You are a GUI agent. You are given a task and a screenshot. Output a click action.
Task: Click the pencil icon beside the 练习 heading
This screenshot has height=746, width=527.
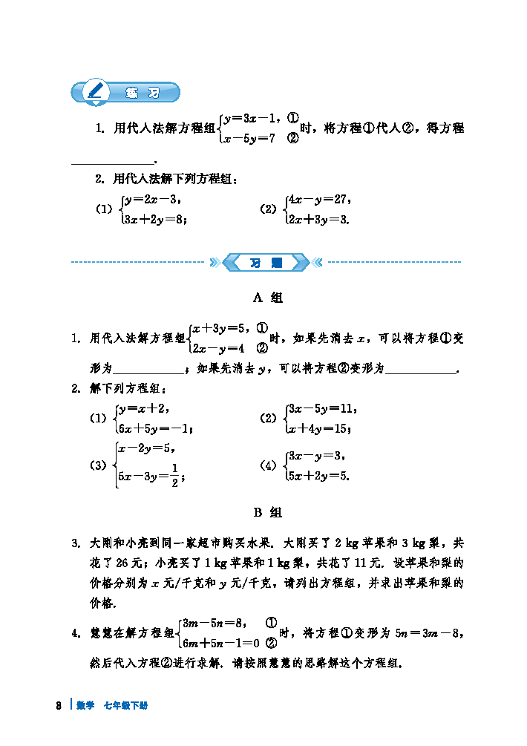(x=95, y=92)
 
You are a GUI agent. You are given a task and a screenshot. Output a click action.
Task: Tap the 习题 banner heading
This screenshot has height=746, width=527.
(x=265, y=262)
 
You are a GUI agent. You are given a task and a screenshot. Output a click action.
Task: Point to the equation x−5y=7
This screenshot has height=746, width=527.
(x=250, y=138)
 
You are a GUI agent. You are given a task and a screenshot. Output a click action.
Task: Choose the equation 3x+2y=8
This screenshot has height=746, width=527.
(x=155, y=219)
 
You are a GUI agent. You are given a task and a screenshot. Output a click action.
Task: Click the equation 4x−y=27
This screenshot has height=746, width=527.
(x=318, y=199)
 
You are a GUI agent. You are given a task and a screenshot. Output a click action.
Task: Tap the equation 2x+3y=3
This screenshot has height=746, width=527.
(x=318, y=219)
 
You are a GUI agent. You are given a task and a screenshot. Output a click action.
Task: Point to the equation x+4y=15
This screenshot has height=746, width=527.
(x=319, y=428)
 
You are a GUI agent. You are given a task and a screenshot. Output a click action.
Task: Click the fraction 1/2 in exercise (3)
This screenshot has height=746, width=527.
(x=174, y=476)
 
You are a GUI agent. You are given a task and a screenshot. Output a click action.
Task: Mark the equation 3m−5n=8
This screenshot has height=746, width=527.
(x=212, y=623)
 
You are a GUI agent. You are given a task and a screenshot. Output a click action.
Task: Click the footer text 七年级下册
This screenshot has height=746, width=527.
(x=125, y=705)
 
